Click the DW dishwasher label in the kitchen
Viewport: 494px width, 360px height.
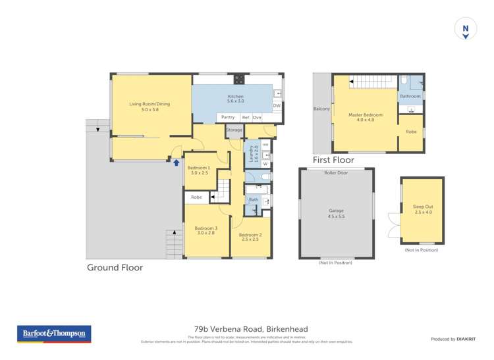tap(277, 105)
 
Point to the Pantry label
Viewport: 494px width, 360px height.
tap(228, 117)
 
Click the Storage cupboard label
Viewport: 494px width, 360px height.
tap(234, 130)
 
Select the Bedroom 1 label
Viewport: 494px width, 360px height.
tap(198, 168)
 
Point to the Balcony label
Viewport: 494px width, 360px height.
tap(321, 109)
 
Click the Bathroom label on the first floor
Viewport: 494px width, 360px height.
tap(410, 96)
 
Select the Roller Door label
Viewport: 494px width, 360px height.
tap(336, 173)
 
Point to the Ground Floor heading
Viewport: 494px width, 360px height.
tap(115, 267)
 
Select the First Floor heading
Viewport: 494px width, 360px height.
tap(333, 160)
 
